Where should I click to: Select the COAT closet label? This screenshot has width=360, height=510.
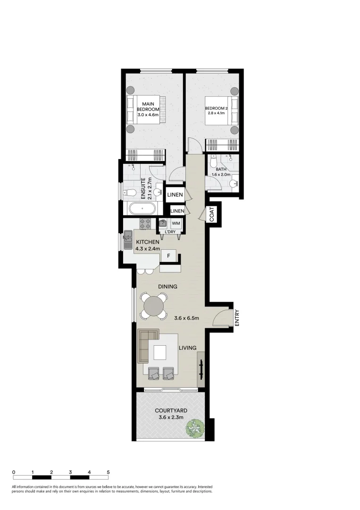[212, 215]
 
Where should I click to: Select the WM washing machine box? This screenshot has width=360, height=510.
[176, 223]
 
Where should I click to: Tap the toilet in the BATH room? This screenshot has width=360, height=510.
[213, 163]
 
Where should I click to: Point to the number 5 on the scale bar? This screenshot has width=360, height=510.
[109, 472]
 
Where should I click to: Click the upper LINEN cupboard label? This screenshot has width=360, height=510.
[175, 195]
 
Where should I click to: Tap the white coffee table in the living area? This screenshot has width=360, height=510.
[159, 352]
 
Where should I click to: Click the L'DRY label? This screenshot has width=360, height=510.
[169, 231]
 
